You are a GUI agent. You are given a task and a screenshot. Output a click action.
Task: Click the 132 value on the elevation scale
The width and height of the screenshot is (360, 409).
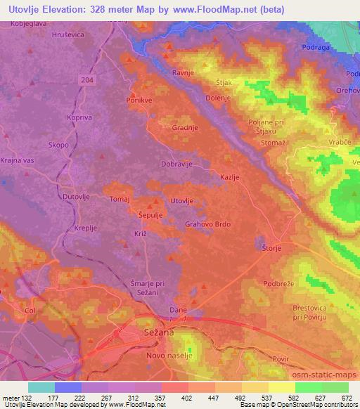tap(29, 398)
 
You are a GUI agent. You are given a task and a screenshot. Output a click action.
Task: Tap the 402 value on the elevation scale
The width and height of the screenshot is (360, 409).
tap(186, 398)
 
